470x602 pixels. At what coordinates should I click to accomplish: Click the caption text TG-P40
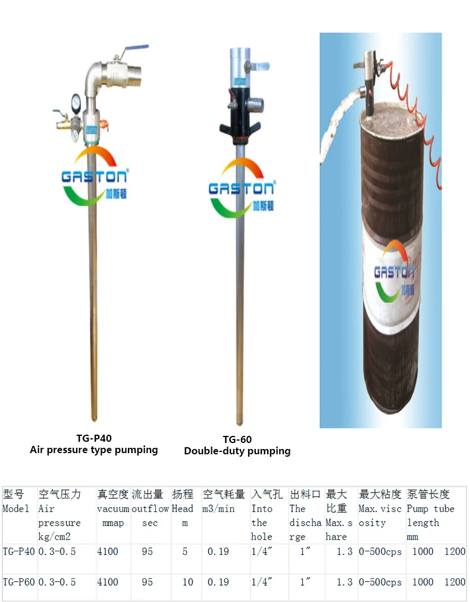coord(93,438)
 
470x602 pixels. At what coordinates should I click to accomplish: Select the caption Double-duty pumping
coord(237,451)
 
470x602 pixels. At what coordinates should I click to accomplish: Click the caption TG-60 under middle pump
coord(237,439)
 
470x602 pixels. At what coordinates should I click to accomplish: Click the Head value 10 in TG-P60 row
coord(187,582)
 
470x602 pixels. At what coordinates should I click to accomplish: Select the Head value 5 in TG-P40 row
coord(185,551)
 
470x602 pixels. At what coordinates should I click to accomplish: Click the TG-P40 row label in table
coord(18,551)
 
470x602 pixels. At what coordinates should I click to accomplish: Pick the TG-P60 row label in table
coord(18,582)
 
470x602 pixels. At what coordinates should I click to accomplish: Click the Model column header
coord(15,509)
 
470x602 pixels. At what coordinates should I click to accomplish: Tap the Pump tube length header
coord(430,509)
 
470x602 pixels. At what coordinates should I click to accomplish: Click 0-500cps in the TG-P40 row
coord(380,551)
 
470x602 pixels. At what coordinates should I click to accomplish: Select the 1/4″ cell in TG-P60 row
coord(262,582)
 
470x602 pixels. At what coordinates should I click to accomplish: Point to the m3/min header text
coord(219,509)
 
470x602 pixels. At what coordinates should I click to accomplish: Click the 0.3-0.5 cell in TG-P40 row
coord(57,551)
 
